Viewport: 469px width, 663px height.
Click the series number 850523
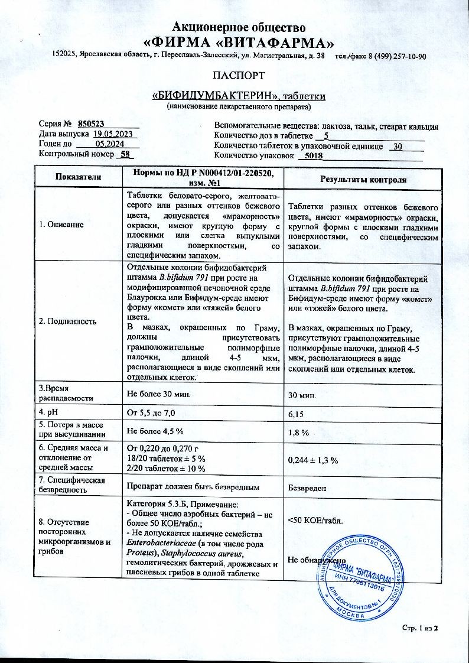tap(92, 123)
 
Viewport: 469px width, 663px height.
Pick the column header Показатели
tap(78, 177)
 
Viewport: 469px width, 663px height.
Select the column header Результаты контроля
tap(363, 179)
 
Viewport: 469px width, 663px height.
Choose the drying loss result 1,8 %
tap(299, 433)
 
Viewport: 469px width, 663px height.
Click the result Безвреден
tap(307, 489)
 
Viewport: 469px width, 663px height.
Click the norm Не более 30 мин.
tap(159, 393)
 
